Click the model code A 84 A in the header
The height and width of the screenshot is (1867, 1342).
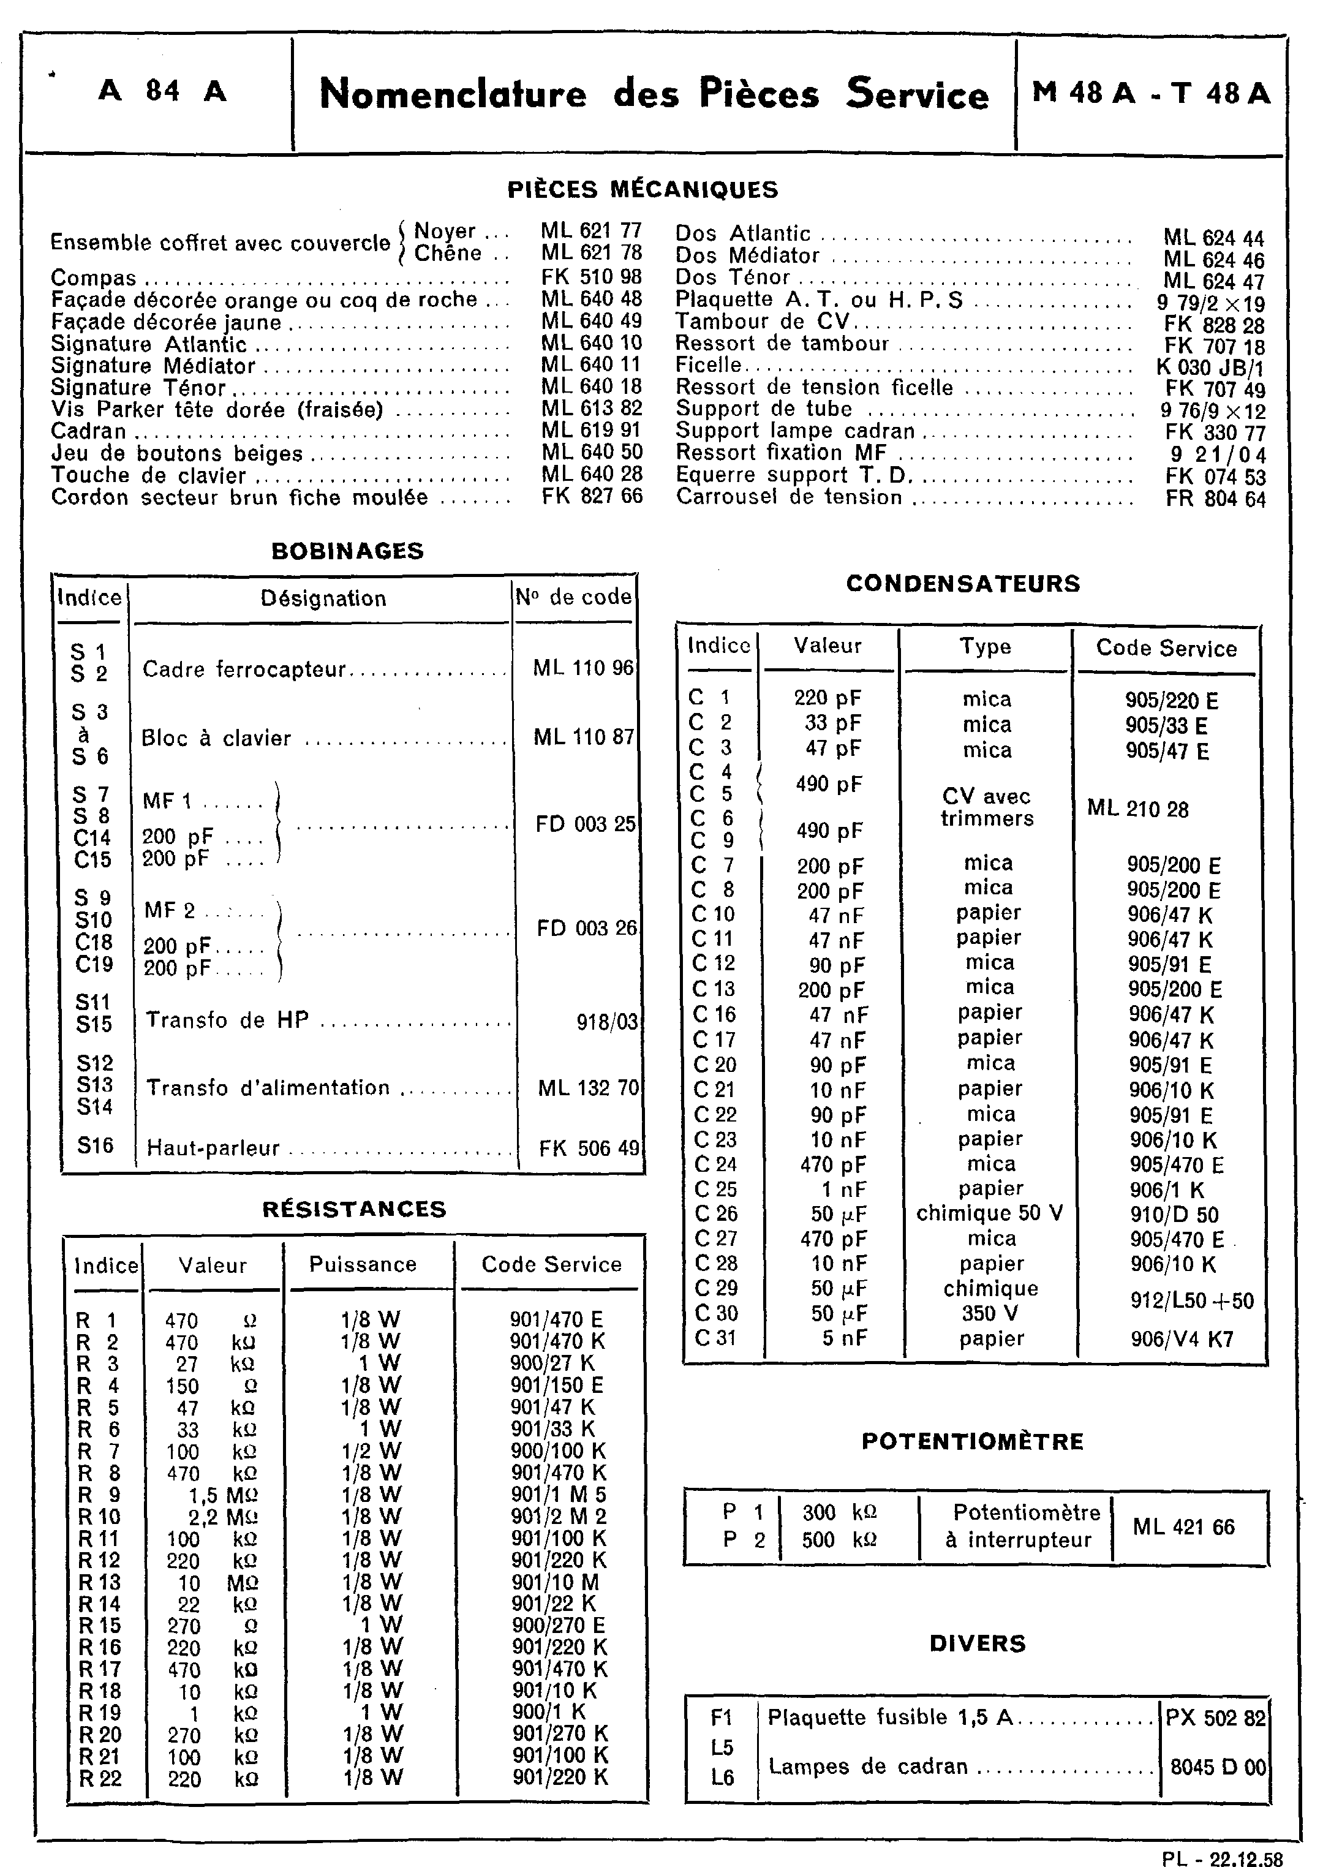[162, 91]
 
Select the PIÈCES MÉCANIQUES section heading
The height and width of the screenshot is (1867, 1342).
[642, 190]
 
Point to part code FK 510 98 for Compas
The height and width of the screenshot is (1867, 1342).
[591, 277]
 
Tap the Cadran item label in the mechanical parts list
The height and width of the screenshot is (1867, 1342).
[89, 431]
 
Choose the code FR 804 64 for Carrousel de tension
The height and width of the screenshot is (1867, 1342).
[1215, 499]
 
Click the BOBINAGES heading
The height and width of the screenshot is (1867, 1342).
[347, 551]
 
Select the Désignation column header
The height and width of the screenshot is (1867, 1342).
[323, 598]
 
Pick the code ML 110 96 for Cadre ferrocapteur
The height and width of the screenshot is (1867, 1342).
[583, 668]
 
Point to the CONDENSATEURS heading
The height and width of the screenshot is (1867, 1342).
[962, 584]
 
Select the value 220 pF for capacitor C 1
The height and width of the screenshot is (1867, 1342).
[827, 698]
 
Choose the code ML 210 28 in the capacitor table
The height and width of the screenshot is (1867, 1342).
[1138, 809]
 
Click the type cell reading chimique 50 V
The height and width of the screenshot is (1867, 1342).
[990, 1213]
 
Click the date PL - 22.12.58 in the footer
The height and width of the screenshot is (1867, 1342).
[1222, 1857]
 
